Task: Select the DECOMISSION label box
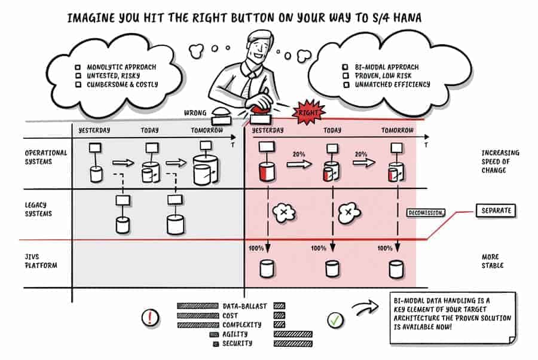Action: coord(426,213)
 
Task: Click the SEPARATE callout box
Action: coord(495,211)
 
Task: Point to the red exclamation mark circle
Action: coord(150,318)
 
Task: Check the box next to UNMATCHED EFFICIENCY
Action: coord(346,85)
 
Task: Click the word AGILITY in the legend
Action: coord(234,334)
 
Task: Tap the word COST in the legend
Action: coord(230,315)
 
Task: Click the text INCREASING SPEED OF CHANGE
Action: coord(500,161)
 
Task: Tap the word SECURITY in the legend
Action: coord(237,344)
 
